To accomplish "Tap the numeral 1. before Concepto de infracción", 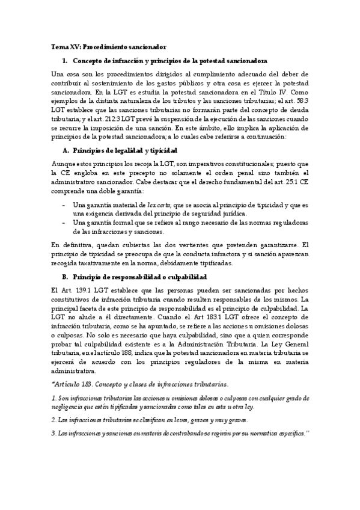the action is point(65,61).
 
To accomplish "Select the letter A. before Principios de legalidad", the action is point(66,149).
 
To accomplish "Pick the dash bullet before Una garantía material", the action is point(64,205).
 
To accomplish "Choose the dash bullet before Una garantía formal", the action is point(64,223).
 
